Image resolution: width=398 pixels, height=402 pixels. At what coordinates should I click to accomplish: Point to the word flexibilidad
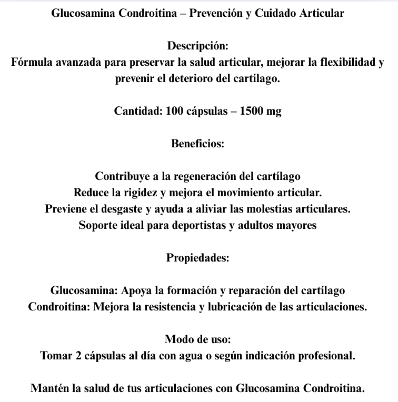(342, 63)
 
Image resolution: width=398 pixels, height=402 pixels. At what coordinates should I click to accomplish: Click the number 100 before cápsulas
(173, 112)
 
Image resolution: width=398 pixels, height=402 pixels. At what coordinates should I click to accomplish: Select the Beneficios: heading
(198, 143)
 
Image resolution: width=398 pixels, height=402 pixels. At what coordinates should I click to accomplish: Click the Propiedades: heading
(198, 258)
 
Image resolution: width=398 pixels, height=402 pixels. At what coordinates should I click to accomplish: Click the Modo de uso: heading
(198, 339)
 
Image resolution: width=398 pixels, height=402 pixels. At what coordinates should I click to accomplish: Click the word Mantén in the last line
(50, 389)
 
